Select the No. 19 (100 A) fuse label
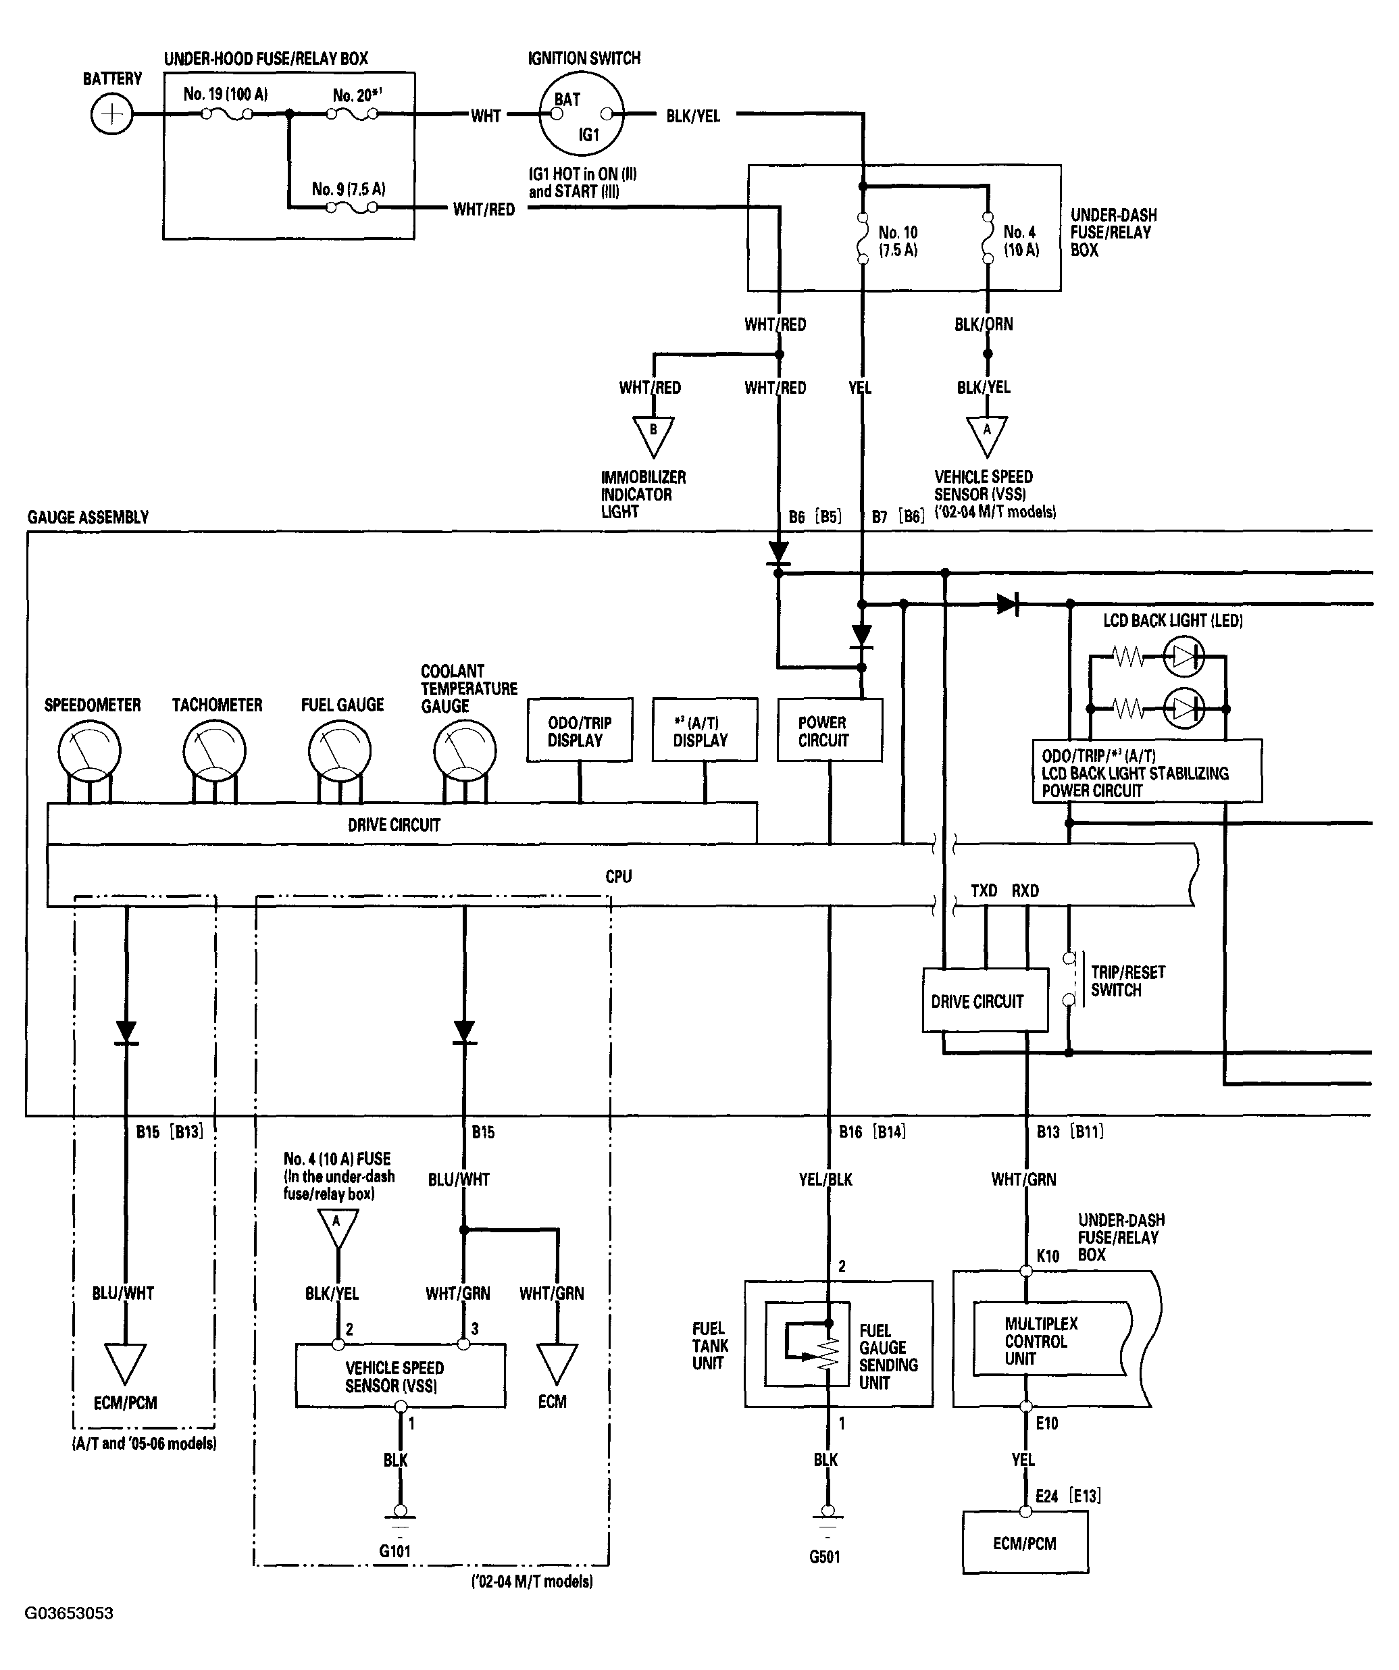tap(226, 94)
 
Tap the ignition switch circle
tap(582, 113)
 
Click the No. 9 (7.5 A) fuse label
tap(349, 188)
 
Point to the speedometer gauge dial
tap(90, 751)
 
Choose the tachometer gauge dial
tap(215, 751)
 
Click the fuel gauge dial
tap(340, 751)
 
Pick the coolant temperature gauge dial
tap(465, 751)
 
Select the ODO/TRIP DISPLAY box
tap(580, 730)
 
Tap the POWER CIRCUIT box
tap(830, 730)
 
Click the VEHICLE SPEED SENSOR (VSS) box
tap(400, 1375)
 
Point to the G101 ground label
tap(395, 1550)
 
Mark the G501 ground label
tap(825, 1557)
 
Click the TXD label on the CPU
tap(984, 890)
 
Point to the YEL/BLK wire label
tap(825, 1180)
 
